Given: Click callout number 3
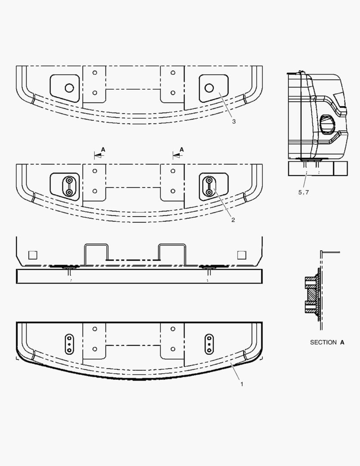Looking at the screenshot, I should [233, 122].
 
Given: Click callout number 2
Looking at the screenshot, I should [233, 220].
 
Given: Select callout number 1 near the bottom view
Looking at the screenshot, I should [241, 384].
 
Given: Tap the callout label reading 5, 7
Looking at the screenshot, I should [304, 192].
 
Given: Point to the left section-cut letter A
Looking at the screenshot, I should [103, 149].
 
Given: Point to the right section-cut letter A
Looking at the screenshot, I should [182, 149].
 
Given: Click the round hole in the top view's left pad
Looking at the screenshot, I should [69, 88].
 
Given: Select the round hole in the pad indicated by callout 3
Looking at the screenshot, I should [209, 88].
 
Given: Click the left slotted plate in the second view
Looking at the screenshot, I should [68, 186].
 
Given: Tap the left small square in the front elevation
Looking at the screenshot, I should [33, 255].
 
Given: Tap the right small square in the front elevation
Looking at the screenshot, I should [242, 255].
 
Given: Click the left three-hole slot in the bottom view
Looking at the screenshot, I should [69, 344].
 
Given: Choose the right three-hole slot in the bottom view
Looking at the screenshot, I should [209, 344].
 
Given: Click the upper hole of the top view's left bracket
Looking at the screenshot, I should [95, 72].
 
